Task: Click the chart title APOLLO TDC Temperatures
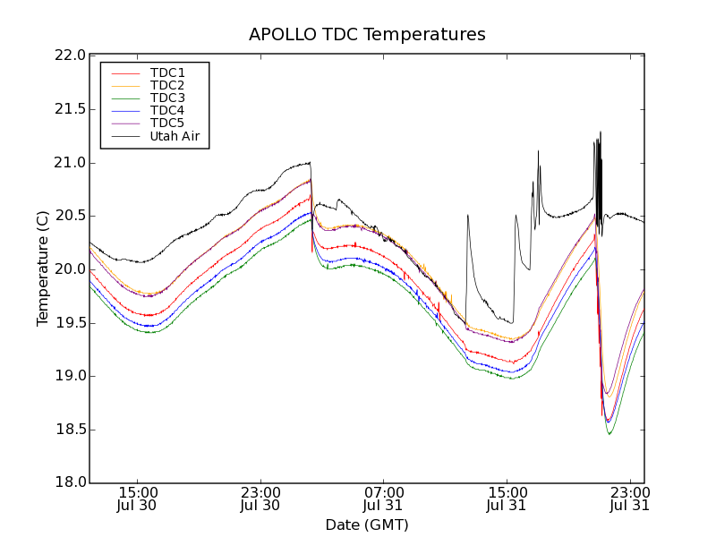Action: click(x=367, y=35)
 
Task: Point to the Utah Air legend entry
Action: click(x=174, y=136)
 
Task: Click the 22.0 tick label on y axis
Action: click(x=68, y=55)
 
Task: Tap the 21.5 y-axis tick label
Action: click(x=68, y=109)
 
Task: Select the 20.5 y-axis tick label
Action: click(x=68, y=216)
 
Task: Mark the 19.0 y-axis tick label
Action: click(x=68, y=376)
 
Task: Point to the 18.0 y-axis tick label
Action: click(x=68, y=482)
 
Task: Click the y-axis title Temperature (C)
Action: click(x=43, y=268)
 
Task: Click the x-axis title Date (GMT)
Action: click(x=367, y=524)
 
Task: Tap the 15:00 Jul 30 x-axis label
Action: click(x=138, y=499)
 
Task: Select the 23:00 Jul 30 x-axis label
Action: click(x=260, y=499)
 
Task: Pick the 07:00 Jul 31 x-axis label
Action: click(x=384, y=499)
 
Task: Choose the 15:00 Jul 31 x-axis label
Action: click(x=507, y=499)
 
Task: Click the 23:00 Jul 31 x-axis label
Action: click(x=629, y=499)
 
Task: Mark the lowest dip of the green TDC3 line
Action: click(x=609, y=434)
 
